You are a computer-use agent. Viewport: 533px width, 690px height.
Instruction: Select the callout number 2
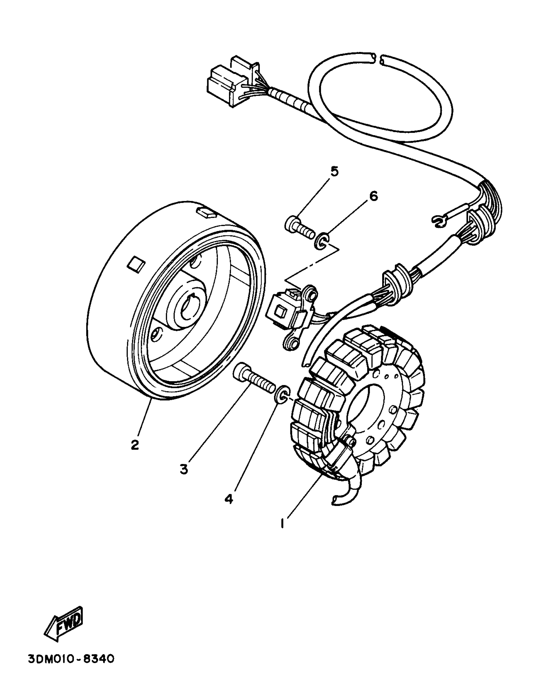click(135, 445)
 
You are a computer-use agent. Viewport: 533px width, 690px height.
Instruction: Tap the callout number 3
click(184, 477)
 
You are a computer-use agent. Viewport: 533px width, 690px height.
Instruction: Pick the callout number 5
click(334, 171)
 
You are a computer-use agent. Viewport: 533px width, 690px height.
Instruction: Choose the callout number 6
click(373, 197)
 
